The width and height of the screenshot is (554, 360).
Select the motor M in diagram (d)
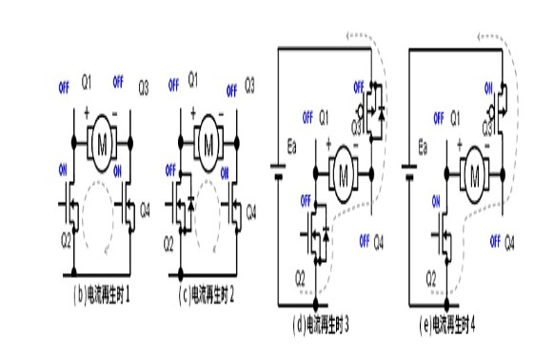click(x=341, y=174)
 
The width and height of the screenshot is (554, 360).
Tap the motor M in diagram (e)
click(x=471, y=174)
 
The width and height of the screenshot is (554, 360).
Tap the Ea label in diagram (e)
click(x=425, y=149)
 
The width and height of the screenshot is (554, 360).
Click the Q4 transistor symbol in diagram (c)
click(x=234, y=206)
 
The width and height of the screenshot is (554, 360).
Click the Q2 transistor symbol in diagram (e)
click(x=445, y=234)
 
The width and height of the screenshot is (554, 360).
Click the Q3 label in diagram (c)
click(x=250, y=85)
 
